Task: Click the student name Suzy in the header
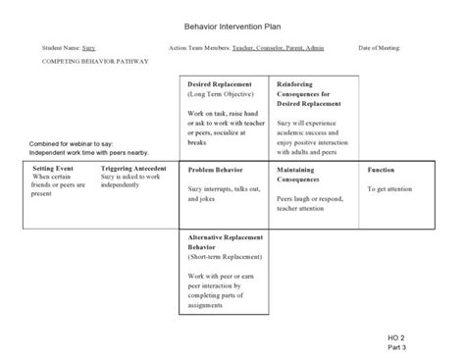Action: point(89,46)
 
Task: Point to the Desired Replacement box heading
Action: point(221,85)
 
